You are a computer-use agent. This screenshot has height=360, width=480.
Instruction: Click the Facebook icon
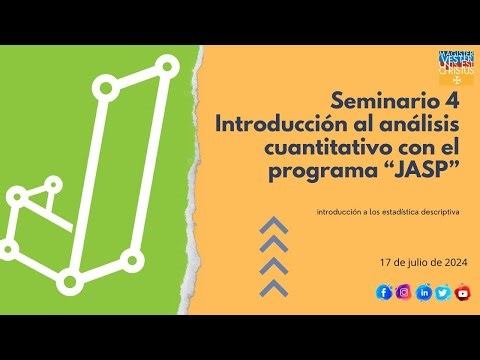(383, 292)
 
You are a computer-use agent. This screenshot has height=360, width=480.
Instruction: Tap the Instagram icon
(403, 292)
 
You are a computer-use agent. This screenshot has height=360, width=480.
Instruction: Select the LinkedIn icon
(424, 292)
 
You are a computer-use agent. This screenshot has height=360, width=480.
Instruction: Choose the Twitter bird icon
(443, 292)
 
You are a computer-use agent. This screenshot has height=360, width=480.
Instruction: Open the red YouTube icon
(462, 292)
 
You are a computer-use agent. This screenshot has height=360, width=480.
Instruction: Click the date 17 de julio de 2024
(423, 263)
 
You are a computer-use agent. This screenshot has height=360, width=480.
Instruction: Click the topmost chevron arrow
(274, 225)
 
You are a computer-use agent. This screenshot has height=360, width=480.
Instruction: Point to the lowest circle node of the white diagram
(69, 283)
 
